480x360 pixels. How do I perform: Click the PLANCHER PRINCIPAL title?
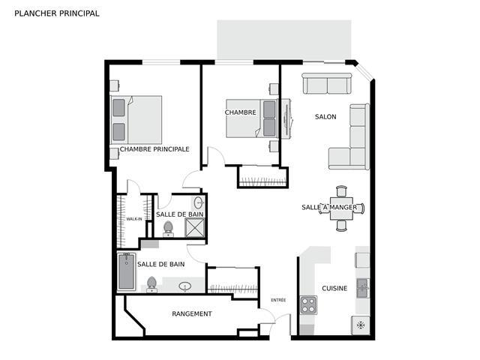pos(57,13)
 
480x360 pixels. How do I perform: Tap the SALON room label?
pos(325,117)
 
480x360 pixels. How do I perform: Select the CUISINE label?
pos(334,288)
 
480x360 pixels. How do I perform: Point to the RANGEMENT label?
pos(192,313)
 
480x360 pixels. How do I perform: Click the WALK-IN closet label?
pos(134,219)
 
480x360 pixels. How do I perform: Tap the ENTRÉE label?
pos(278,300)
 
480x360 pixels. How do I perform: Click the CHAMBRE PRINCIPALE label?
pos(154,149)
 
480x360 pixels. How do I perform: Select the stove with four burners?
pos(308,305)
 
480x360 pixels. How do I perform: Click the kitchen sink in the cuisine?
pos(363,288)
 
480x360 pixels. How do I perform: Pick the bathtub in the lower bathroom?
pos(127,271)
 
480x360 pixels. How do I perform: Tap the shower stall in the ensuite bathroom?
pos(195,227)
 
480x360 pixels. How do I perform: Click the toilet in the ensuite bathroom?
pos(168,229)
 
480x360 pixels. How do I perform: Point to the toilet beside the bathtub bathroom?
pos(151,284)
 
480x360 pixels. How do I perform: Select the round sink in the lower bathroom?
pos(185,286)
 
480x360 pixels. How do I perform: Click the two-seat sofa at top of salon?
pos(327,83)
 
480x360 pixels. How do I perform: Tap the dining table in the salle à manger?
pos(341,208)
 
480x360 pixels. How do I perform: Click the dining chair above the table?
pos(341,191)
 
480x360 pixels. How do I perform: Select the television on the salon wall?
pos(287,118)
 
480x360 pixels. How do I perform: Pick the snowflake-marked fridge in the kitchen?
pos(361,325)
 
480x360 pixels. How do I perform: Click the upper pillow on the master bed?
pos(118,107)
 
